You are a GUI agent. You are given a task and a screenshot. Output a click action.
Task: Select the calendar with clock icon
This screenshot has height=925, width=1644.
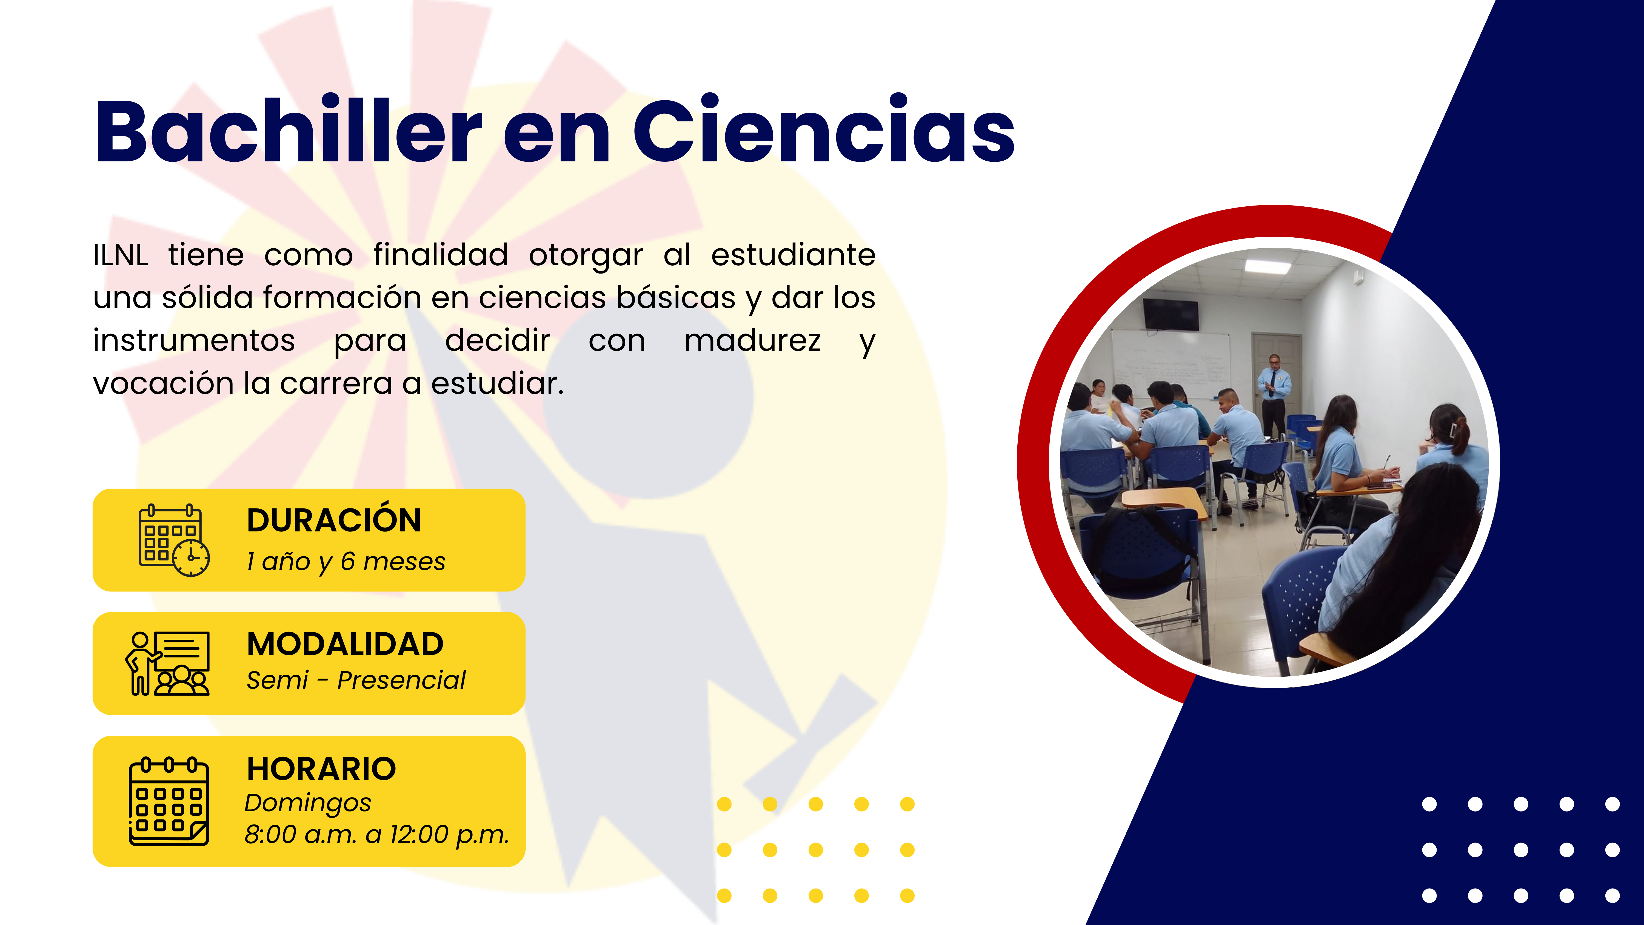174,540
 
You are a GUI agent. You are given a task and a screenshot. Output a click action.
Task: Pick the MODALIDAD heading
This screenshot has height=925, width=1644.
345,644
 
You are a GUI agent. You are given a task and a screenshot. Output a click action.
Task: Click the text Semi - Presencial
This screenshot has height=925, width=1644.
356,681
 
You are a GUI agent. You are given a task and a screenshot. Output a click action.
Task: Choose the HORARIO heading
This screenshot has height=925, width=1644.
322,769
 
